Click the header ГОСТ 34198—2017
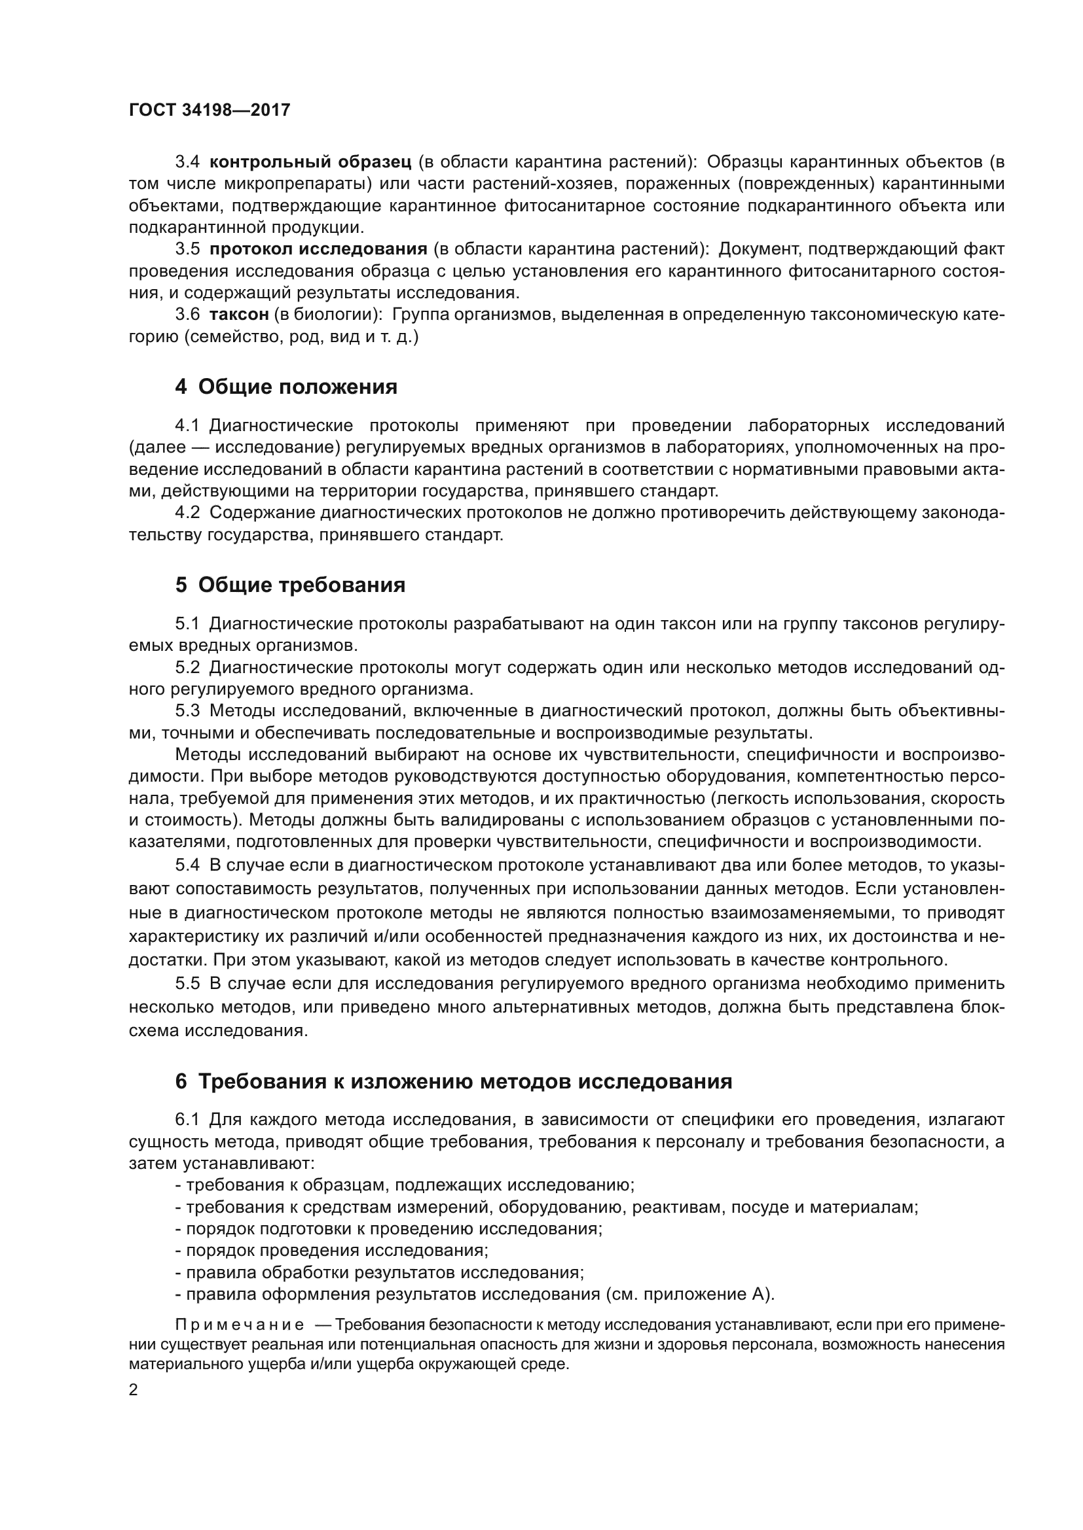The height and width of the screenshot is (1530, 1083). pos(210,110)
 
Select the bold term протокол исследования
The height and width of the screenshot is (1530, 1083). pos(318,249)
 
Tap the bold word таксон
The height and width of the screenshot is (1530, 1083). pos(239,315)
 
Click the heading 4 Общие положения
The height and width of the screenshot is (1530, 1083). pos(286,387)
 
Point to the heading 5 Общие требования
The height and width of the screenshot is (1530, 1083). pos(290,584)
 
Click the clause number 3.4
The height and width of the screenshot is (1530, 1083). pos(187,162)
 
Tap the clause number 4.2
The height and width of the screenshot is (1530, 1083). pos(187,512)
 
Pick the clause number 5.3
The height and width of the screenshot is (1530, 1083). pos(187,711)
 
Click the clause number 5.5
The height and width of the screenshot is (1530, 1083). pos(187,984)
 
